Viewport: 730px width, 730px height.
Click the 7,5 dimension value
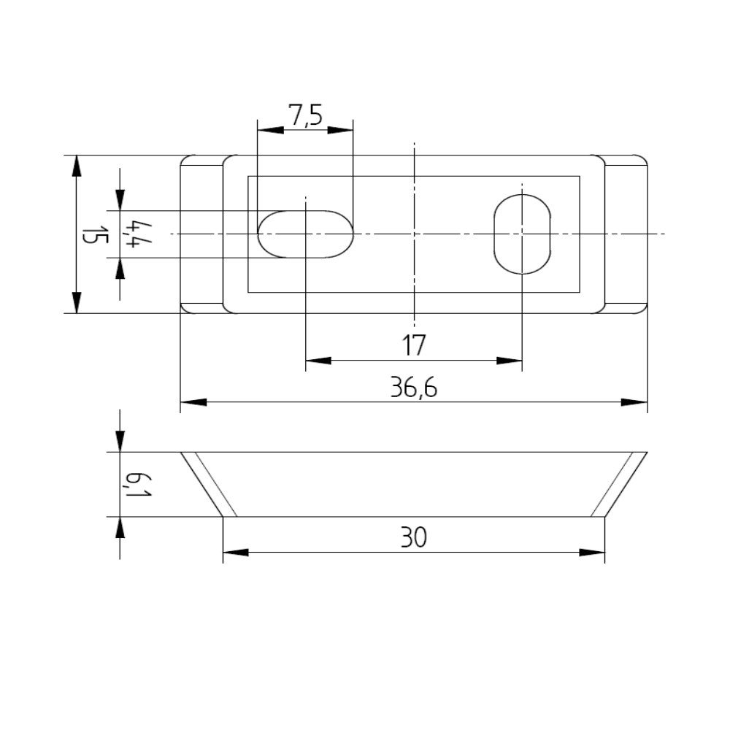[x=305, y=115]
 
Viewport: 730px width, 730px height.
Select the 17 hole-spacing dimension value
[x=413, y=345]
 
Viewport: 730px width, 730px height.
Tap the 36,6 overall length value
[x=413, y=388]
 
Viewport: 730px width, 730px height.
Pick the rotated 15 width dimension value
[x=95, y=235]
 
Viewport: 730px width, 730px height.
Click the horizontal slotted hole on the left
[x=305, y=234]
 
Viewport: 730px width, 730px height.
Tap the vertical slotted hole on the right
[x=522, y=234]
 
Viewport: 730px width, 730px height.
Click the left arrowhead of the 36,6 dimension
[x=193, y=401]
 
